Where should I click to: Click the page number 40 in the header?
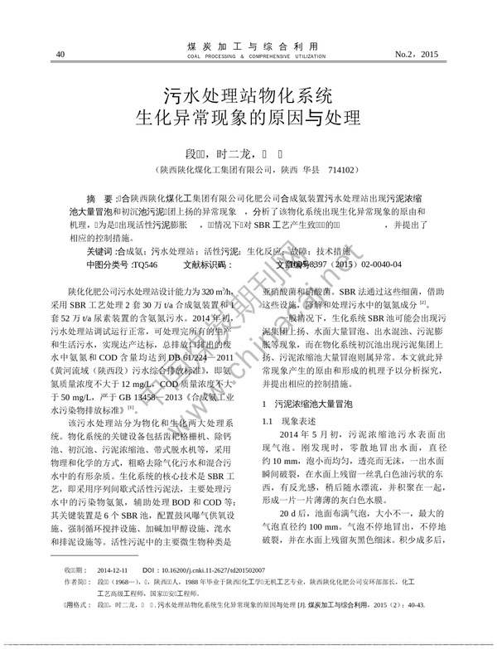pos(60,55)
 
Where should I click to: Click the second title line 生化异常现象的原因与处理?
pos(248,117)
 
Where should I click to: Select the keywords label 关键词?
pos(99,250)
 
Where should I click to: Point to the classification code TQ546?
pos(144,264)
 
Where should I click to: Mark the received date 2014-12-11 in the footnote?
pos(113,593)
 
